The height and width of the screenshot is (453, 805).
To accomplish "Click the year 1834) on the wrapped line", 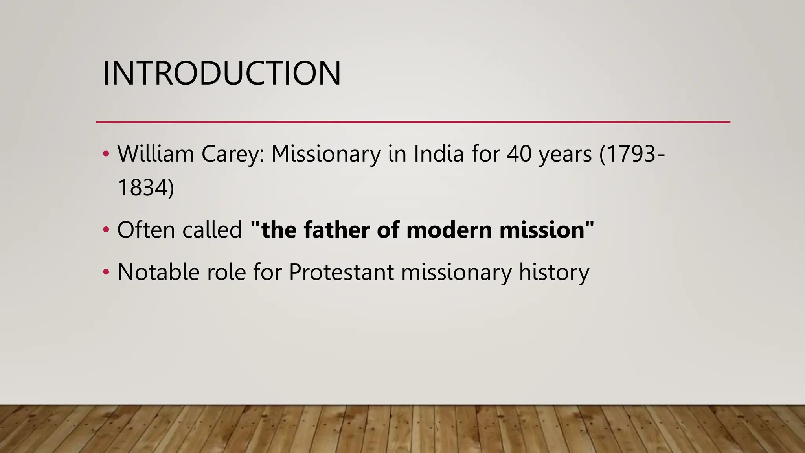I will click(x=145, y=188).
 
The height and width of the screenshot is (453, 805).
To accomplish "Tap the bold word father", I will click(x=336, y=230).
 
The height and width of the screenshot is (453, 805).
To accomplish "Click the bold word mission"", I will click(x=547, y=230).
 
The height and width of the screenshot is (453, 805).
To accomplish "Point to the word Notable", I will click(x=158, y=272).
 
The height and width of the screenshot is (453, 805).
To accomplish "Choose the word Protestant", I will click(x=341, y=272).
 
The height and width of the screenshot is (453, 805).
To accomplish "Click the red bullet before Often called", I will click(x=106, y=230).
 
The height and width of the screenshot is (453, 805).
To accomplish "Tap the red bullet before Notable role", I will click(x=106, y=272).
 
